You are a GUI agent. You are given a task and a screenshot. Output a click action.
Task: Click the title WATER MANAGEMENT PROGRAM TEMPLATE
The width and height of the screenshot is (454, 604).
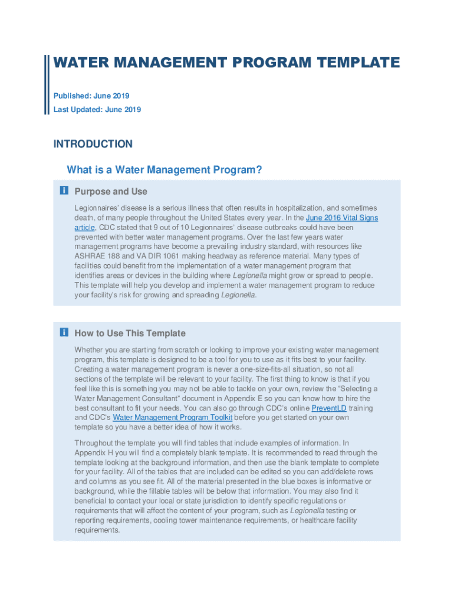pos(226,63)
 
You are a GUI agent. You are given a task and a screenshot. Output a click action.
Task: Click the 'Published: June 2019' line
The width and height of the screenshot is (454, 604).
pos(91,96)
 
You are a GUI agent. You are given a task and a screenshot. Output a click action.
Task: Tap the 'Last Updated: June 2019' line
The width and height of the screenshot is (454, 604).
pos(97,109)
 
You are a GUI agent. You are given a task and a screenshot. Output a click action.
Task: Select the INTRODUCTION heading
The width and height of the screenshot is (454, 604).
pos(93,144)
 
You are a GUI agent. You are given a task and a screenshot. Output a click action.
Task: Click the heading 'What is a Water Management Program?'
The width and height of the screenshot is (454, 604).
pos(164,170)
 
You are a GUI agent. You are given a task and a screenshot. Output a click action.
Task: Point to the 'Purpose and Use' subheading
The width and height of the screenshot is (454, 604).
pos(111,191)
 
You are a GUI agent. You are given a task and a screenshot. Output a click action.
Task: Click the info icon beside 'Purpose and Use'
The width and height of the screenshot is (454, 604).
pos(64,191)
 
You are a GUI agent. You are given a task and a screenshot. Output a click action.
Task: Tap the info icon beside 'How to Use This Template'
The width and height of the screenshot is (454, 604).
pos(64,333)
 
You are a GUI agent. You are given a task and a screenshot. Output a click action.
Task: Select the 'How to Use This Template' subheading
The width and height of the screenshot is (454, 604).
pos(130,333)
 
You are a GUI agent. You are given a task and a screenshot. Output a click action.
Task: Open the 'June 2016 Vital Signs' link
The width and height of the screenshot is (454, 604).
pos(341,218)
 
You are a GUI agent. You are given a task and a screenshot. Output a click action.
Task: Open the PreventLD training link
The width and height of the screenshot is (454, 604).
pos(329,408)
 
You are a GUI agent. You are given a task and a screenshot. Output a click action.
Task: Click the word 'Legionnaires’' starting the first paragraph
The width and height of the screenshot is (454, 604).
pos(97,208)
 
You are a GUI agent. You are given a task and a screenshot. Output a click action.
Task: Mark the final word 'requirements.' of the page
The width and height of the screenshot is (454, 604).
pos(97,530)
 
